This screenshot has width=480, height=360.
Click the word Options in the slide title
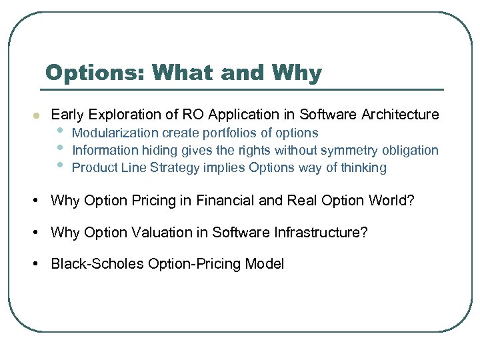click(95, 73)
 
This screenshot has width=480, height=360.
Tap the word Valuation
click(162, 232)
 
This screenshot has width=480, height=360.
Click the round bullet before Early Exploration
click(37, 115)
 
